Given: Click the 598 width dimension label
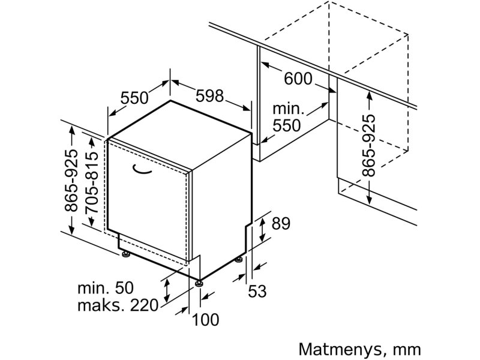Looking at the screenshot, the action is (x=210, y=96).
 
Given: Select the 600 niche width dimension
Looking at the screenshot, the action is (x=298, y=79).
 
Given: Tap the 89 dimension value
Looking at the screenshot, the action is (x=281, y=223).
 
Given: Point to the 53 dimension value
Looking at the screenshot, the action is (x=257, y=291).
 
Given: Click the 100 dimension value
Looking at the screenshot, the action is (x=205, y=320).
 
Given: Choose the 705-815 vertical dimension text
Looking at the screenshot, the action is (x=92, y=182).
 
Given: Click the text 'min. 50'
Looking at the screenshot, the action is (x=106, y=288).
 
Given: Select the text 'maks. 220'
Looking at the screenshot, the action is (x=118, y=305).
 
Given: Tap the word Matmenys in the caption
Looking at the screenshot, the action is (x=340, y=350).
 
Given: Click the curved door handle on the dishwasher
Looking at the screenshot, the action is (x=142, y=170).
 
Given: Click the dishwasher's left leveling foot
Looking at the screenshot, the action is (x=126, y=254).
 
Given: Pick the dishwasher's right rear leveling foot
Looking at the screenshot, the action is (x=239, y=260).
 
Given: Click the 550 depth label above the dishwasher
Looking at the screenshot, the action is (x=134, y=98).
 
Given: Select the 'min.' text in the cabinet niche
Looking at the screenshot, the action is (x=288, y=109).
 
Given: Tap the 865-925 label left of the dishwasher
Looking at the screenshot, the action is (x=71, y=181).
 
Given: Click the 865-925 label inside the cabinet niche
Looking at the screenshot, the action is (x=368, y=145).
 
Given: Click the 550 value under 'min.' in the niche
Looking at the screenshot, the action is (x=287, y=125).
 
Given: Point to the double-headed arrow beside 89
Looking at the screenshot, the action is (x=262, y=229).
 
